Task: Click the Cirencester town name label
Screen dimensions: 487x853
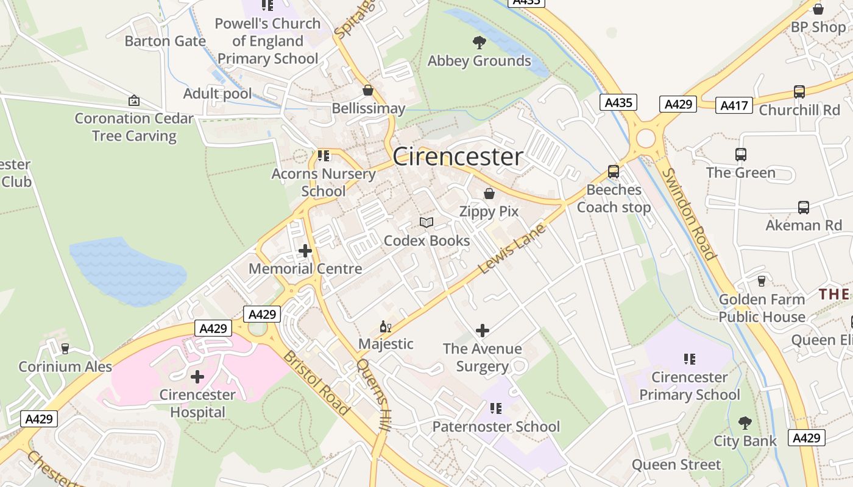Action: coord(458,157)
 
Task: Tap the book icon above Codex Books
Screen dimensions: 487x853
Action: coord(426,223)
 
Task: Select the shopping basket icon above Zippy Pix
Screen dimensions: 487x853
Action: coord(489,194)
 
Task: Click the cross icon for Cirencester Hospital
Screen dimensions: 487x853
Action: coord(197,377)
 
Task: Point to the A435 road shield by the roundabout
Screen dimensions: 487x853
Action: coord(618,102)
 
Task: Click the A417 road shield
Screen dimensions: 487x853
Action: coord(734,105)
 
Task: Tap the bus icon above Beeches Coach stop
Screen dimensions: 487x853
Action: coord(614,172)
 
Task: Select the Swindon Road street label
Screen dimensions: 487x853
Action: coord(689,214)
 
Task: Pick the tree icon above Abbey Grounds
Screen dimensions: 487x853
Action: coord(480,43)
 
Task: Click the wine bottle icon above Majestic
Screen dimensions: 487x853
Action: coord(385,327)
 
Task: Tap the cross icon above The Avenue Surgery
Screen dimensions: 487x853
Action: coord(482,331)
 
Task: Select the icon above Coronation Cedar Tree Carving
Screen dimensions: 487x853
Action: coord(134,100)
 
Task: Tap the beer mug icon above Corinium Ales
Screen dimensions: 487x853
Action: coord(65,349)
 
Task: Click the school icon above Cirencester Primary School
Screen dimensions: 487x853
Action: coord(689,359)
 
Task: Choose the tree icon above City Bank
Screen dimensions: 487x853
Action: coord(745,423)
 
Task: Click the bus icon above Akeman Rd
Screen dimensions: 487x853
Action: coord(803,208)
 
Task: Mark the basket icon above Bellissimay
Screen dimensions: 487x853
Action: coord(368,91)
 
